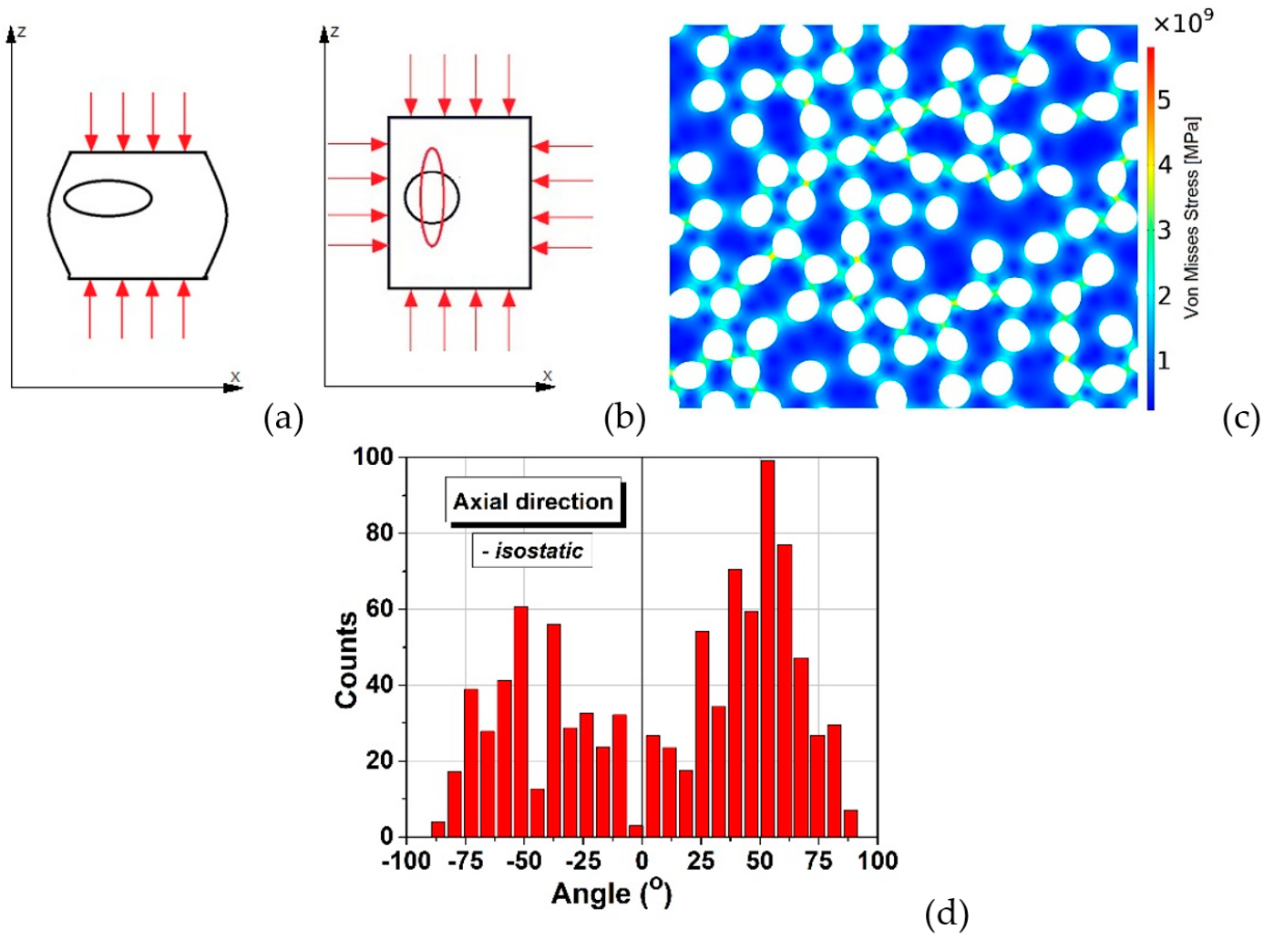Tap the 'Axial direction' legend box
tap(533, 501)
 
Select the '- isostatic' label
tap(532, 551)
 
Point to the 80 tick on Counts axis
tap(379, 532)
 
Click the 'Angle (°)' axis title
tap(611, 894)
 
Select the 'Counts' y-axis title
tap(346, 659)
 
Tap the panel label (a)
tap(283, 418)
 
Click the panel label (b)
tap(624, 418)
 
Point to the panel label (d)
tap(946, 913)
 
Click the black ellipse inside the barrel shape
tap(108, 198)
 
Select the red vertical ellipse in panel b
tap(432, 197)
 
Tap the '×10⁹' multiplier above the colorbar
tap(1182, 23)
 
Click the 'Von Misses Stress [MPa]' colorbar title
tap(1192, 217)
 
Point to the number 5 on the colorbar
tap(1164, 99)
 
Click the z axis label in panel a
tap(21, 32)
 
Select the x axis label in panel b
tap(547, 375)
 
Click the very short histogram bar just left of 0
tap(635, 831)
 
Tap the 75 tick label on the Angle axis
tap(818, 861)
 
